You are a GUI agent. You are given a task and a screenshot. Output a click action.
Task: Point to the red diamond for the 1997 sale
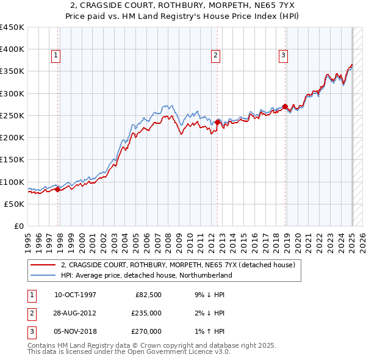pyautogui.click(x=57, y=189)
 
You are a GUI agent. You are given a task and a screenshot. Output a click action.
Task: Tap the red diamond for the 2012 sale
pyautogui.click(x=217, y=122)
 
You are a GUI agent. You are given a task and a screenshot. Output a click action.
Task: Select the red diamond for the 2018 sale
pyautogui.click(x=285, y=107)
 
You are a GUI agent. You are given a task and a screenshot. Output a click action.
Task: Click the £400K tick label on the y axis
pyautogui.click(x=12, y=49)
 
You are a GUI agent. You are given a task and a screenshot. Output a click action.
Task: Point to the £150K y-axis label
pyautogui.click(x=12, y=159)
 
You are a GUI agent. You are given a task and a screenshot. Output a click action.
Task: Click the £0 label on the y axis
pyautogui.click(x=18, y=226)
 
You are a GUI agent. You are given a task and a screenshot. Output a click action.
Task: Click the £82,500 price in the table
pyautogui.click(x=148, y=295)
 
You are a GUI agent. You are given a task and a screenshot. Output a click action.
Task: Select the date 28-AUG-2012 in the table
pyautogui.click(x=76, y=313)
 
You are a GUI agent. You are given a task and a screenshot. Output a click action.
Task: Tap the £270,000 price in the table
pyautogui.click(x=146, y=331)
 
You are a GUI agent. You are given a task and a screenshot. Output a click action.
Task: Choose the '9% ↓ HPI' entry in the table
pyautogui.click(x=208, y=295)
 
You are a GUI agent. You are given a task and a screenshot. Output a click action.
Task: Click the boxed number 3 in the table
pyautogui.click(x=30, y=331)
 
